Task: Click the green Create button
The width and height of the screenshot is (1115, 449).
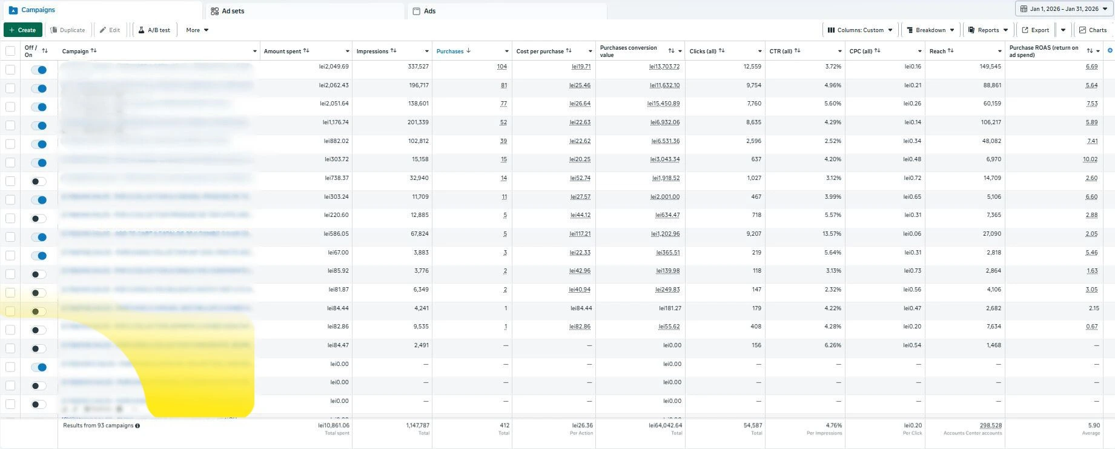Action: pyautogui.click(x=22, y=30)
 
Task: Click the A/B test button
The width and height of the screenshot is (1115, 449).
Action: pyautogui.click(x=154, y=30)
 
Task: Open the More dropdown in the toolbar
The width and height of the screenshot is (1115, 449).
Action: pyautogui.click(x=197, y=30)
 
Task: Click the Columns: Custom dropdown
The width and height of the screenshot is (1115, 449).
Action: pyautogui.click(x=860, y=30)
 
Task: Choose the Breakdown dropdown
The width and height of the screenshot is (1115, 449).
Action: pyautogui.click(x=930, y=30)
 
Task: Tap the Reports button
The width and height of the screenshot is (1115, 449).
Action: pyautogui.click(x=988, y=30)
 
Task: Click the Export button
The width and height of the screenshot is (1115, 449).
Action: pyautogui.click(x=1036, y=30)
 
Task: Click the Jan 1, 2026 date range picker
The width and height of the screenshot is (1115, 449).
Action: pyautogui.click(x=1064, y=9)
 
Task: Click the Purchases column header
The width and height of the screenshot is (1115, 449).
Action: pyautogui.click(x=450, y=52)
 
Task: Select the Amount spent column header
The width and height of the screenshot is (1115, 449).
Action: pyautogui.click(x=283, y=52)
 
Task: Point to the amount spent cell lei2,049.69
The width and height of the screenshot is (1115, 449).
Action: pyautogui.click(x=334, y=67)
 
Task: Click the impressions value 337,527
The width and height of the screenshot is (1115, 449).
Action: pyautogui.click(x=418, y=67)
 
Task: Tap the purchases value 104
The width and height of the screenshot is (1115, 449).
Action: pyautogui.click(x=501, y=67)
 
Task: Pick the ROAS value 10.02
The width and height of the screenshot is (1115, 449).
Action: pyautogui.click(x=1090, y=160)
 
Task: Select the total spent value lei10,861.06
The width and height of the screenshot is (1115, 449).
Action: pyautogui.click(x=334, y=425)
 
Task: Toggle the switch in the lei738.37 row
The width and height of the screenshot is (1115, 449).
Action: pyautogui.click(x=39, y=181)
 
